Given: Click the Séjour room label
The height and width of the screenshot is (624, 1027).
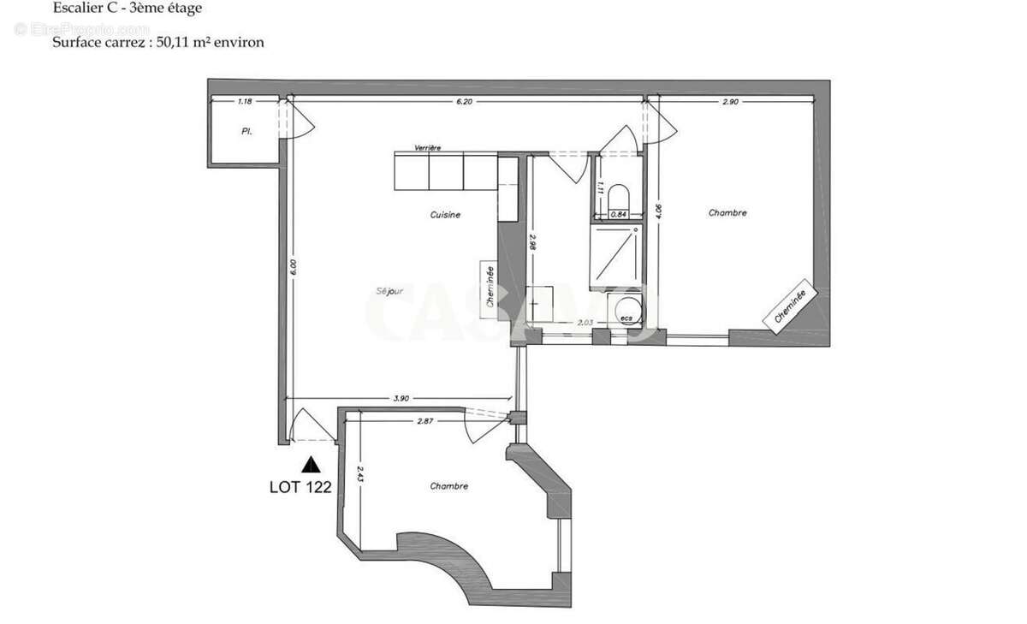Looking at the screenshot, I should click(390, 289).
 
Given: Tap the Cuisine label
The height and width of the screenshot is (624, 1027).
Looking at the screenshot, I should click(445, 215).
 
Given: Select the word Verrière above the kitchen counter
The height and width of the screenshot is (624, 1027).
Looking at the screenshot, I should click(428, 148).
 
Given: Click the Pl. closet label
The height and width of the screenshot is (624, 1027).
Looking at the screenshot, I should click(246, 133).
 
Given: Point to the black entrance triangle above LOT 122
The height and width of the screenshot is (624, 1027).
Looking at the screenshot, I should click(312, 465).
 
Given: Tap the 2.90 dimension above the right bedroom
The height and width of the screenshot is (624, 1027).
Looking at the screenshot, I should click(730, 101).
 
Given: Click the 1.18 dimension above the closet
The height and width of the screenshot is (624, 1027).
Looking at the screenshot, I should click(244, 101).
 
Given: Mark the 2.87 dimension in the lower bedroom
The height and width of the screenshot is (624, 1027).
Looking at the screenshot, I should click(427, 420).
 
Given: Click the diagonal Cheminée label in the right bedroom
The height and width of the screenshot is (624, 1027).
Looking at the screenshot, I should click(789, 308).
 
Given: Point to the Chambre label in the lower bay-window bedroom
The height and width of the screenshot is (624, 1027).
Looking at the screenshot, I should click(449, 486).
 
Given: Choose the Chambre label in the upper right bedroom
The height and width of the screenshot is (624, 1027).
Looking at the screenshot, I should click(727, 213).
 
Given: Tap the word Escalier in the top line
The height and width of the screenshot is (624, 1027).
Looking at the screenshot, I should click(74, 9).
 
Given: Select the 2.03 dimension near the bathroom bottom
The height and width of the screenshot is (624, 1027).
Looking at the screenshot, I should click(585, 322).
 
